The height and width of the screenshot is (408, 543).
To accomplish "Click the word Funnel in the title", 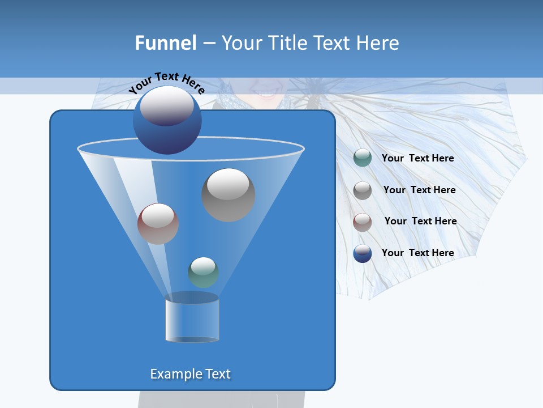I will (x=165, y=43).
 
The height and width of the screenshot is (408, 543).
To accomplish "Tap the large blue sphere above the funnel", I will (x=167, y=120).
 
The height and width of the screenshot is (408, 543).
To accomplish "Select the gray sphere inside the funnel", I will (x=228, y=194).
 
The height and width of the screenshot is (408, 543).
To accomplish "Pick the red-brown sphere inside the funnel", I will (x=158, y=224).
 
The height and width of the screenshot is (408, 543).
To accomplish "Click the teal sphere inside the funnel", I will (x=203, y=272).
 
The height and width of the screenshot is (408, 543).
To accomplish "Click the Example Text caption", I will (x=190, y=374).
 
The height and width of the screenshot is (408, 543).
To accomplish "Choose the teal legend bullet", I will (x=362, y=158).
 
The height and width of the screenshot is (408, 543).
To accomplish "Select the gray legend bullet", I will (x=362, y=190).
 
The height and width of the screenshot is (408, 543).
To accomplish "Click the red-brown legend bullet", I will (x=362, y=222).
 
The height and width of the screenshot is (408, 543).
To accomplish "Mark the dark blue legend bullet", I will (x=362, y=253).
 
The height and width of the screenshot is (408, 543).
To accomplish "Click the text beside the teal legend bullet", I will (x=417, y=158).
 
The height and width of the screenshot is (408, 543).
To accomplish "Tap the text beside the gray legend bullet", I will (x=419, y=190).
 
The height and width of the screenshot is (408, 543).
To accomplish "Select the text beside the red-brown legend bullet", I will (x=420, y=221).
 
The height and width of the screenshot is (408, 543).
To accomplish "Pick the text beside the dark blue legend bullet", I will (x=417, y=253).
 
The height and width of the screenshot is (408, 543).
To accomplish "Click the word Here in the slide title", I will (x=378, y=43).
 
